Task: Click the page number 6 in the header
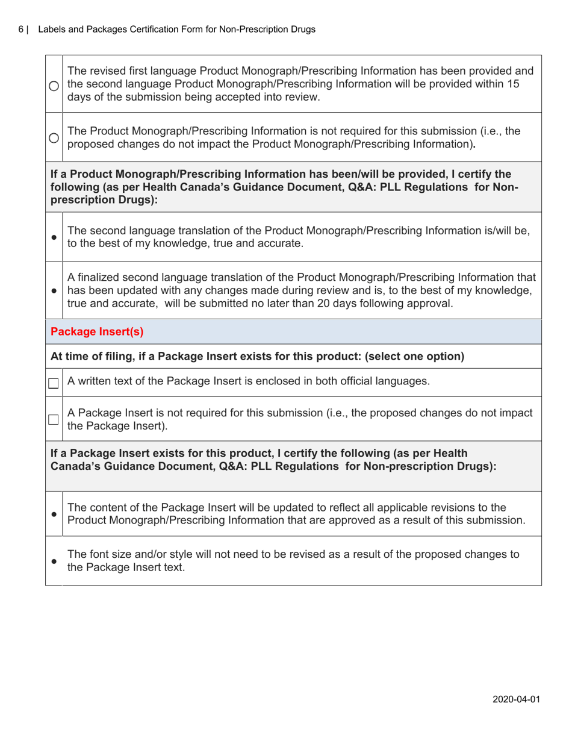click(x=21, y=29)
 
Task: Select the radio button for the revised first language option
click(x=54, y=86)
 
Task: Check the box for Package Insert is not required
click(x=54, y=419)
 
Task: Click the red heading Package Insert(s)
click(x=97, y=331)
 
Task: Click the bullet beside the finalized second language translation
click(x=54, y=290)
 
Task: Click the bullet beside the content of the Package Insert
click(x=54, y=514)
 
